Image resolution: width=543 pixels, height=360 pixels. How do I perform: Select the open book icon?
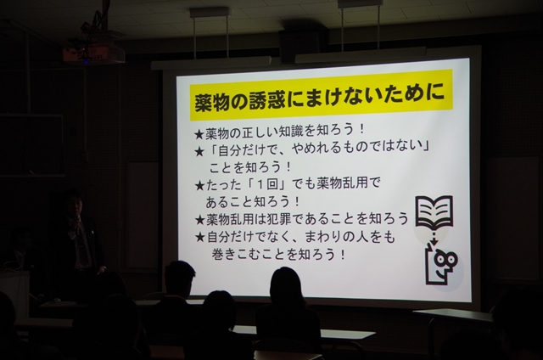[x=434, y=212]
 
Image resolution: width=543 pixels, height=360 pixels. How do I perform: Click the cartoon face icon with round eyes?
[x=442, y=263]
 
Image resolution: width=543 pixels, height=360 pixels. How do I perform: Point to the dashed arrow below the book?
[x=434, y=235]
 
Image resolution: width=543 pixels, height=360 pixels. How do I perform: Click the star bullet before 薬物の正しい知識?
[x=199, y=134]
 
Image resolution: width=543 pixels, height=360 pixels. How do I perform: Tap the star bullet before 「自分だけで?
[x=199, y=151]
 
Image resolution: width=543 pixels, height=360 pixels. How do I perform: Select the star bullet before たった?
[x=200, y=186]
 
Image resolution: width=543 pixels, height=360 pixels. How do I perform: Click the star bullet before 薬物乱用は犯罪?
[x=200, y=220]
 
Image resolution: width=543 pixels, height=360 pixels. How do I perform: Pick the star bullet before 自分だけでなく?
[x=200, y=238]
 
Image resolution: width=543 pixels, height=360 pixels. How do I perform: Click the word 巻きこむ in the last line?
[x=235, y=255]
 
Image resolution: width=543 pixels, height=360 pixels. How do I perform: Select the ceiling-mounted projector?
[x=93, y=53]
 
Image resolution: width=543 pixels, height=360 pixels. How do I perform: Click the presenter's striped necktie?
[x=81, y=245]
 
